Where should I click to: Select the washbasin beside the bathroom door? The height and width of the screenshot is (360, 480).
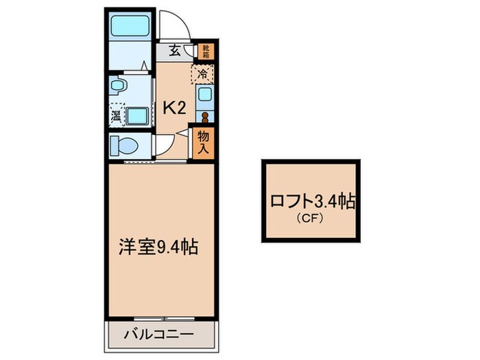point(119,87)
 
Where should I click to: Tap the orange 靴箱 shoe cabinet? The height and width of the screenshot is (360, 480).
point(204,50)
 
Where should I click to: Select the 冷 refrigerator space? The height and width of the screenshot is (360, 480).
point(204,73)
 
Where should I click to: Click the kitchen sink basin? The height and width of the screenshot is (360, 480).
point(205,95)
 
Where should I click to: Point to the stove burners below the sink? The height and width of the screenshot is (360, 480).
point(205,115)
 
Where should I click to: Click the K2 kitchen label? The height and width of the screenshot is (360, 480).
point(174,107)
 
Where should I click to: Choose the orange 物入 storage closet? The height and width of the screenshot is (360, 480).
point(204,142)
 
